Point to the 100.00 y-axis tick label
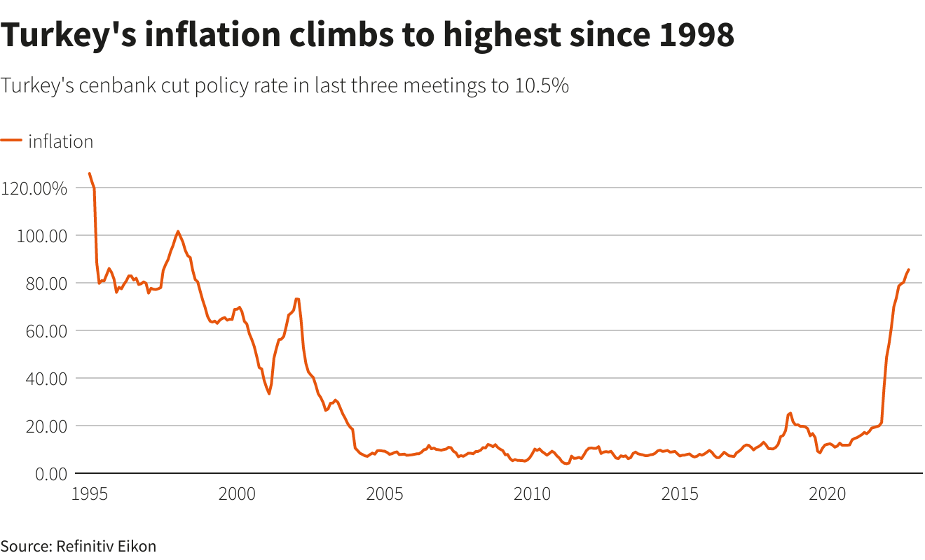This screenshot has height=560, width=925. point(41,236)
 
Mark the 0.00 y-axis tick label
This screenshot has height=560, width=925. point(48,473)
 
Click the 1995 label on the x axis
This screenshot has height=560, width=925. point(89,493)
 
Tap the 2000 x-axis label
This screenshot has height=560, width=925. point(237,493)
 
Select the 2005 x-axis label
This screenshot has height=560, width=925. point(385,493)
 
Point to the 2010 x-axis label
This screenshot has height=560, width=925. point(533,493)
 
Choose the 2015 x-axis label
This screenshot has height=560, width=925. point(680,493)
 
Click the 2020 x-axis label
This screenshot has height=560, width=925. point(828,493)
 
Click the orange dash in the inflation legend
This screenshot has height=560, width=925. point(11,141)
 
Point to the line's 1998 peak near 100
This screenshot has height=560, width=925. point(178,232)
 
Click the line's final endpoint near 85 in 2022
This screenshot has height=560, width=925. point(908,269)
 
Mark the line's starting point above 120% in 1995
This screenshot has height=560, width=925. point(89,174)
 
